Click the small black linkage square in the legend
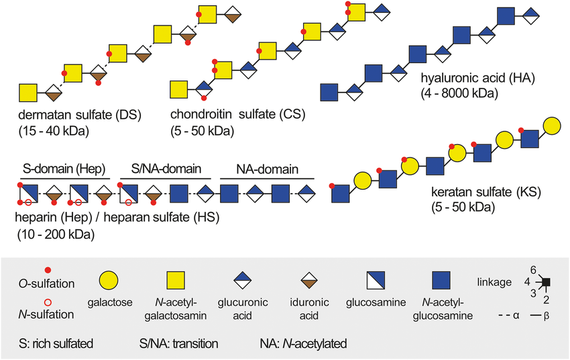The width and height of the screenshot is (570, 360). pos(547,282)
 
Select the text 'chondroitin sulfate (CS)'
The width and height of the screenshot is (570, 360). pos(228,113)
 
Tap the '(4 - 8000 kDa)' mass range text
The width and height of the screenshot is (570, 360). pos(459,94)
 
